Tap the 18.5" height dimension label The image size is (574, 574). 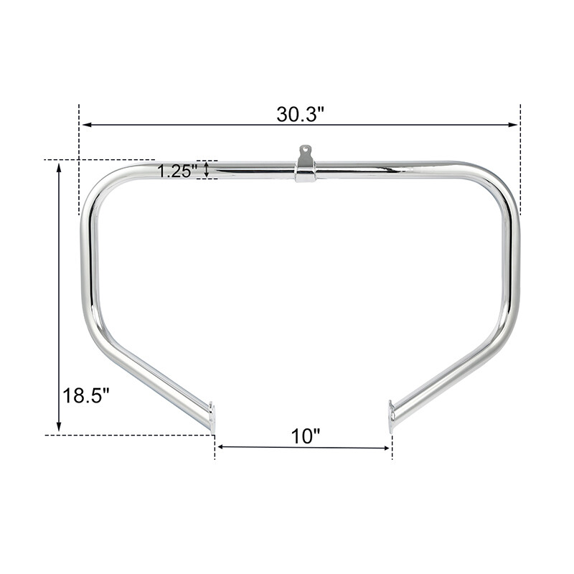coord(85,395)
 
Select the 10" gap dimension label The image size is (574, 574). coord(305,436)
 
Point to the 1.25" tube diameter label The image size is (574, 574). coord(177,171)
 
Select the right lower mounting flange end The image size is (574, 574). coord(391,416)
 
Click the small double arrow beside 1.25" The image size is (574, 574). coord(207,169)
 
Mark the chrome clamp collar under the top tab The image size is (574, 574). coord(306,174)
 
